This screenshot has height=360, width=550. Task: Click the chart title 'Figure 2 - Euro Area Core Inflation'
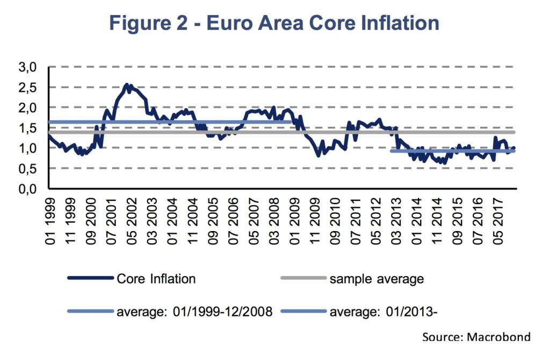[x=274, y=23]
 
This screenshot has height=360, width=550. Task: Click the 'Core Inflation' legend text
[x=156, y=279]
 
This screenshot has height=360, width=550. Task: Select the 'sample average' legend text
[x=377, y=279]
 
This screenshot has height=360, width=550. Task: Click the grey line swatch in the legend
[x=303, y=279]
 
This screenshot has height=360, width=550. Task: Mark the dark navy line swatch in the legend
[x=91, y=279]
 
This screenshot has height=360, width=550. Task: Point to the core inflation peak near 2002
[x=127, y=85]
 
